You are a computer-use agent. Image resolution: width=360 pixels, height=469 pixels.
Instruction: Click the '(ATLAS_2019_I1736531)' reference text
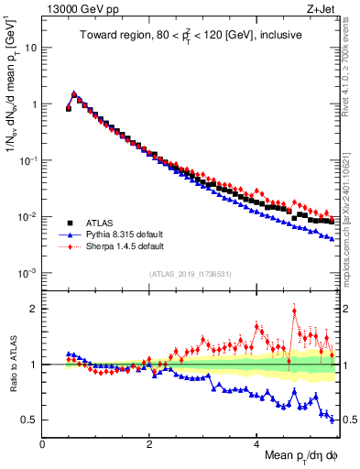[191, 274]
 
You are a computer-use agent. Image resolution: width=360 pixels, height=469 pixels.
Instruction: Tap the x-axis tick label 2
[149, 444]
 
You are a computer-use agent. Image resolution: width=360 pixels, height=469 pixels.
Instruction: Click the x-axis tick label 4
[256, 444]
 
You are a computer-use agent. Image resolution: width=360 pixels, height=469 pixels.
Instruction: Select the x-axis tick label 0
[42, 444]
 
